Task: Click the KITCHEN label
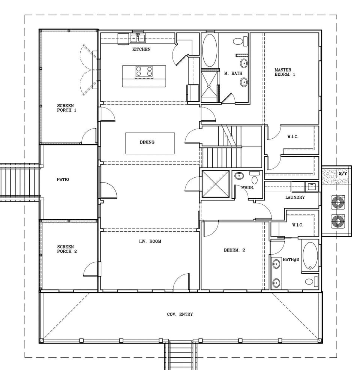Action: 141,49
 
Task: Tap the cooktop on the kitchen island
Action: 144,71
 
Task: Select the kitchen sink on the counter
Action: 138,38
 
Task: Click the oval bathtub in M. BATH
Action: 210,51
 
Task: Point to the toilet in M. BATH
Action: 240,41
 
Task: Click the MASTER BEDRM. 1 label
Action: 285,72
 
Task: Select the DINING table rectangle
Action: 150,143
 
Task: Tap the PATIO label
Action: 63,180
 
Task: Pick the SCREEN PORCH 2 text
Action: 67,249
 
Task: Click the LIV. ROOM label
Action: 150,241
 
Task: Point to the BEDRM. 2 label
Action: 234,250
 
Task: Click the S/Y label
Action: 343,174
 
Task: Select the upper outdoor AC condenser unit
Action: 337,202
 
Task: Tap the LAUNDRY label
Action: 295,197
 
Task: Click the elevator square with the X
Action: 215,184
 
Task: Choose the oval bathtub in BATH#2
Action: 310,256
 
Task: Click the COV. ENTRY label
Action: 180,314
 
